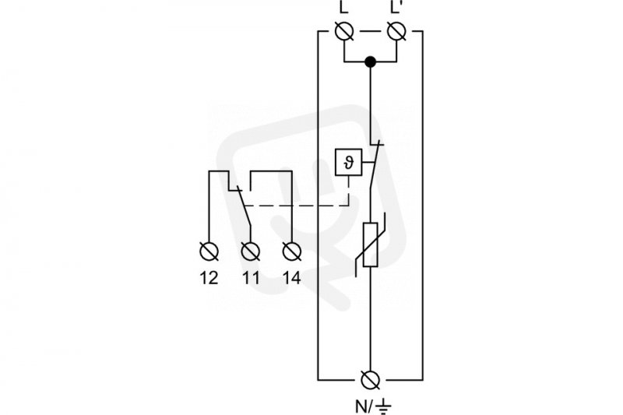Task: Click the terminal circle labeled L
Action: [344, 31]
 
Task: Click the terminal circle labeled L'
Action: [396, 31]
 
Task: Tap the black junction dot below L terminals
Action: [371, 62]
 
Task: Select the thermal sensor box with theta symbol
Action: [348, 162]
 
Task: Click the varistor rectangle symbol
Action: [371, 244]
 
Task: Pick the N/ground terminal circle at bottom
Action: [371, 380]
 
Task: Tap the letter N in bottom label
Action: [361, 406]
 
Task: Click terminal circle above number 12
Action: [209, 251]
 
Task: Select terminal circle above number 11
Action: [251, 251]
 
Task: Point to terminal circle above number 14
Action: [292, 251]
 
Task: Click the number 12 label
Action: [209, 278]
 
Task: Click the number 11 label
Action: [251, 278]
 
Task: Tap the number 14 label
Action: [292, 278]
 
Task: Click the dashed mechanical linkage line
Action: [296, 206]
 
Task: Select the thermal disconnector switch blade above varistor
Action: [375, 164]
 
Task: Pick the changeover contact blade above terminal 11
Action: [245, 206]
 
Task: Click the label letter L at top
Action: [344, 6]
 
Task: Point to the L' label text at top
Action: [397, 6]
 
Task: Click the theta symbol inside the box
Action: [348, 163]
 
